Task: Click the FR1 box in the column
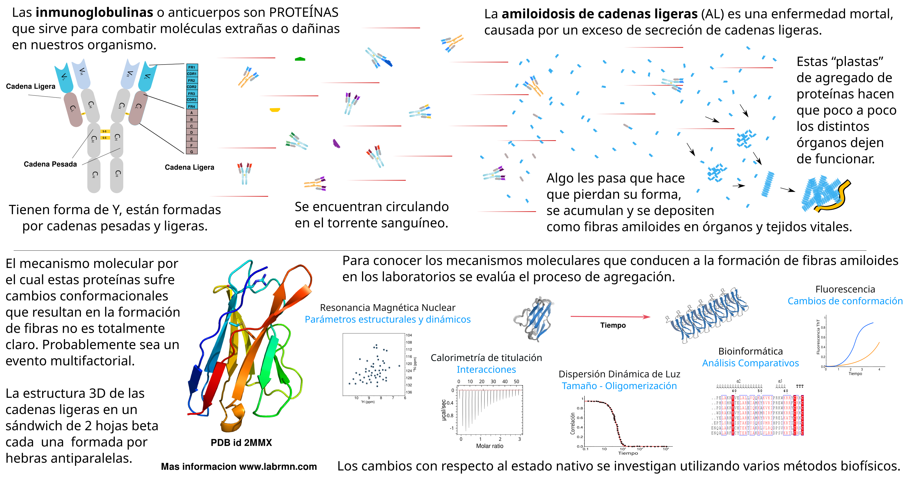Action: coord(191,67)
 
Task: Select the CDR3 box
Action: coord(191,100)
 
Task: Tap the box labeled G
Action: coord(191,151)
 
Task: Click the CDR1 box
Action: coord(191,74)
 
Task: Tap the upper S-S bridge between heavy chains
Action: coord(105,131)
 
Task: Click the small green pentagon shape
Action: coord(300,59)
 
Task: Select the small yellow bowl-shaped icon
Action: coord(275,110)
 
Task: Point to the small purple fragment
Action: coord(336,144)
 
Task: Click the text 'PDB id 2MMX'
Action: coord(241,442)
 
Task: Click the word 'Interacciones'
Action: coord(486,370)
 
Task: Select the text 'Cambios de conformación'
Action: coord(845,301)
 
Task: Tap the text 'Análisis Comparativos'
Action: coord(750,363)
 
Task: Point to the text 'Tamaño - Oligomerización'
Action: coord(619,386)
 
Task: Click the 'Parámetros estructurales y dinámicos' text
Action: coord(387,319)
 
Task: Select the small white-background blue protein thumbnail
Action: coord(534,317)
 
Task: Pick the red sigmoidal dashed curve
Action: coord(618,426)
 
